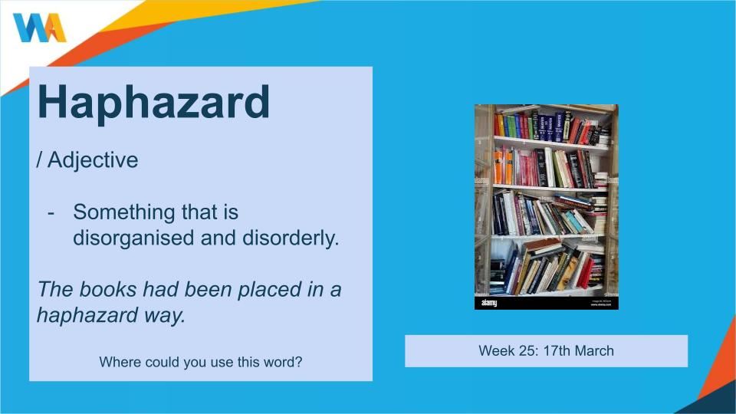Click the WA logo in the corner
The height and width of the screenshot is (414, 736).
(x=39, y=28)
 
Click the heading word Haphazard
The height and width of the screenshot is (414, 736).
(x=153, y=103)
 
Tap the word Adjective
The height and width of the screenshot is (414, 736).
(x=93, y=161)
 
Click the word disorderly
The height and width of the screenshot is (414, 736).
(x=291, y=238)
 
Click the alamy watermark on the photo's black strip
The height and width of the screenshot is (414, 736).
(x=488, y=304)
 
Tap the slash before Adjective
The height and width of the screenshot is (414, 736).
(x=39, y=160)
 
